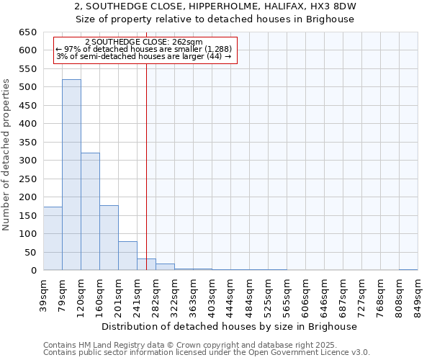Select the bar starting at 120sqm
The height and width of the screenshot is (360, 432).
90,212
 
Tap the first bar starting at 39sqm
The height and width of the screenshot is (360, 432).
53,238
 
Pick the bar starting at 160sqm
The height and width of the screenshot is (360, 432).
109,238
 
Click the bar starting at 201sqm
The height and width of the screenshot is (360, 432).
127,256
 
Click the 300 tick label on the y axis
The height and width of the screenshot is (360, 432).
27,161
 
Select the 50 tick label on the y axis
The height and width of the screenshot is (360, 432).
30,252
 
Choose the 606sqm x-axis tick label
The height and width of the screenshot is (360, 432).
305,295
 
